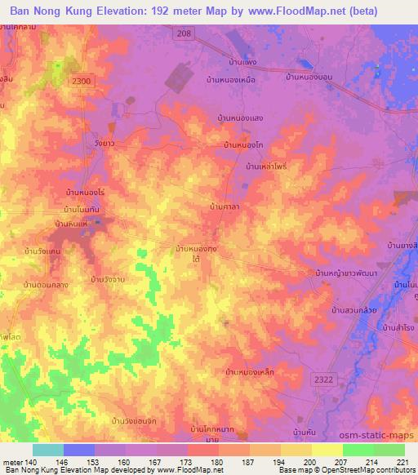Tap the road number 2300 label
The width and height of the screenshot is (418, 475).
(x=82, y=80)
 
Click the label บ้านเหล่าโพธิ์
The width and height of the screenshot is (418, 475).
(x=266, y=166)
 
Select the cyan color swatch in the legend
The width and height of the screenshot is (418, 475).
(x=48, y=450)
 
